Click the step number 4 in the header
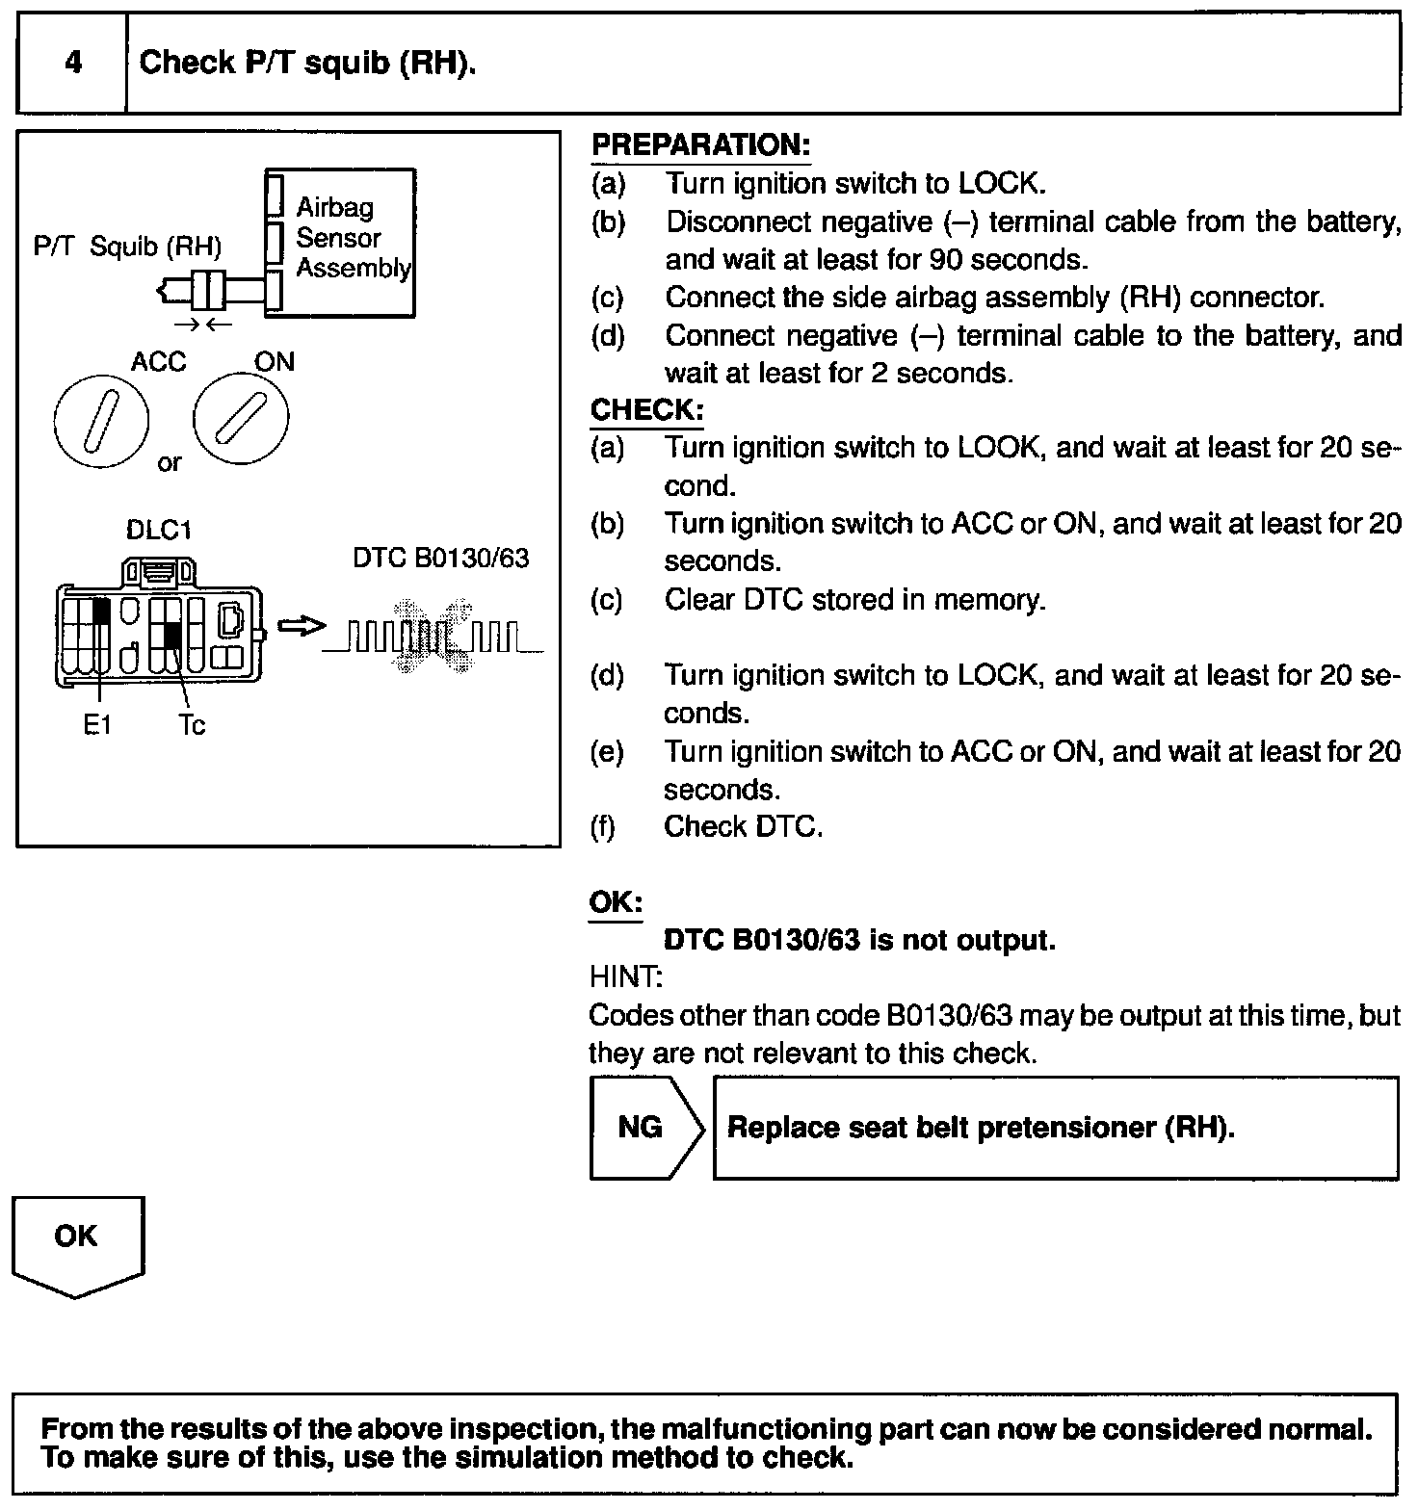[x=73, y=64]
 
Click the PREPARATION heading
[x=700, y=145]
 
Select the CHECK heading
[x=646, y=410]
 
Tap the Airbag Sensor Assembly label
[x=353, y=237]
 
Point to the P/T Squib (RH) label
[x=127, y=247]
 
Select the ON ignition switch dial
[x=241, y=419]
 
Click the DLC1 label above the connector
[x=159, y=531]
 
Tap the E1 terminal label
[x=96, y=725]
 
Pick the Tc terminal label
[x=192, y=725]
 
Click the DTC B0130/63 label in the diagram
[x=440, y=559]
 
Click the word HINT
[x=625, y=977]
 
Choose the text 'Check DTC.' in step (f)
[x=743, y=827]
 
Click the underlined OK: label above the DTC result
[x=616, y=903]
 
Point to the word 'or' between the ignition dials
[x=170, y=463]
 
